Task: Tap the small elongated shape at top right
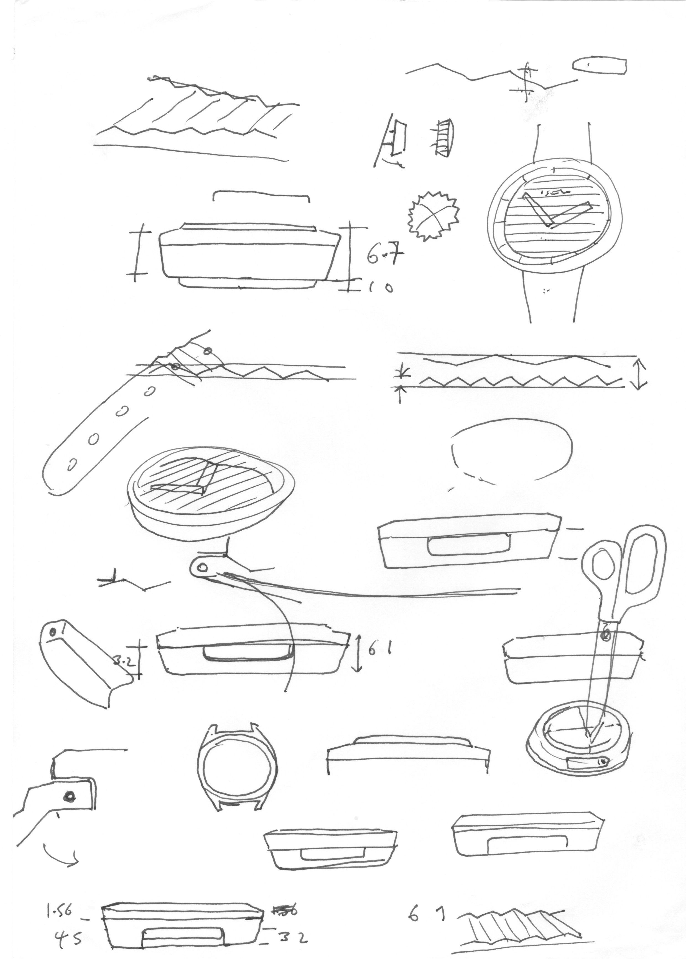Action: click(599, 65)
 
